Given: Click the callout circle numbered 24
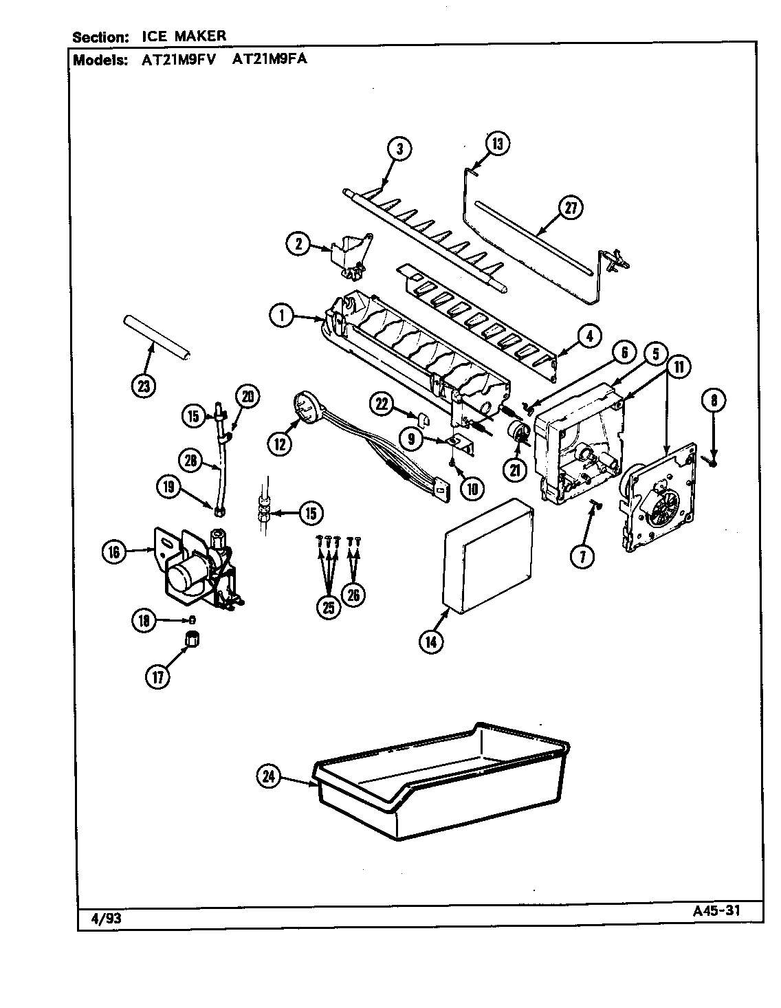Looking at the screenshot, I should [x=269, y=778].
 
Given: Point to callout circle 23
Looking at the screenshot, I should [x=143, y=386].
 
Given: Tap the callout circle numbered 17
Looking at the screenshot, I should [x=158, y=677].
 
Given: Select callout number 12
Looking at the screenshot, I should [x=280, y=444].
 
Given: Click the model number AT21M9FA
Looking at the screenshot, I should [x=269, y=59].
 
